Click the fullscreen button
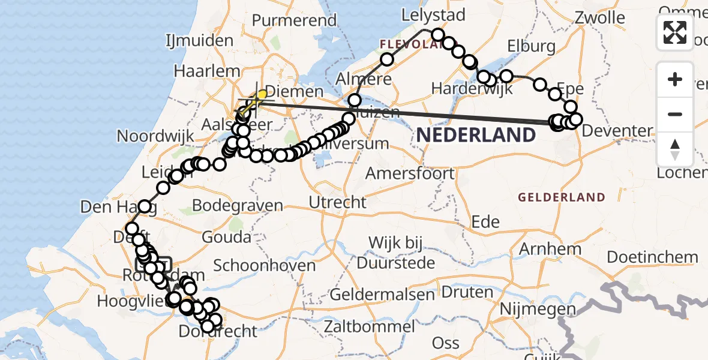pos(675,32)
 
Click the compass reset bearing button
pos(675,149)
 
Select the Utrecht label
pos(337,202)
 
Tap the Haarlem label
pos(207,70)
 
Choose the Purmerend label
pos(294,20)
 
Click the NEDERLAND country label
pos(476,135)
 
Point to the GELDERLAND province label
pos(562,197)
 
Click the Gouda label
pos(226,236)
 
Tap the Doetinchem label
pos(652,257)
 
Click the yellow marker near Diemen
pos(262,95)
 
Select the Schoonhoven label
pos(265,265)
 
